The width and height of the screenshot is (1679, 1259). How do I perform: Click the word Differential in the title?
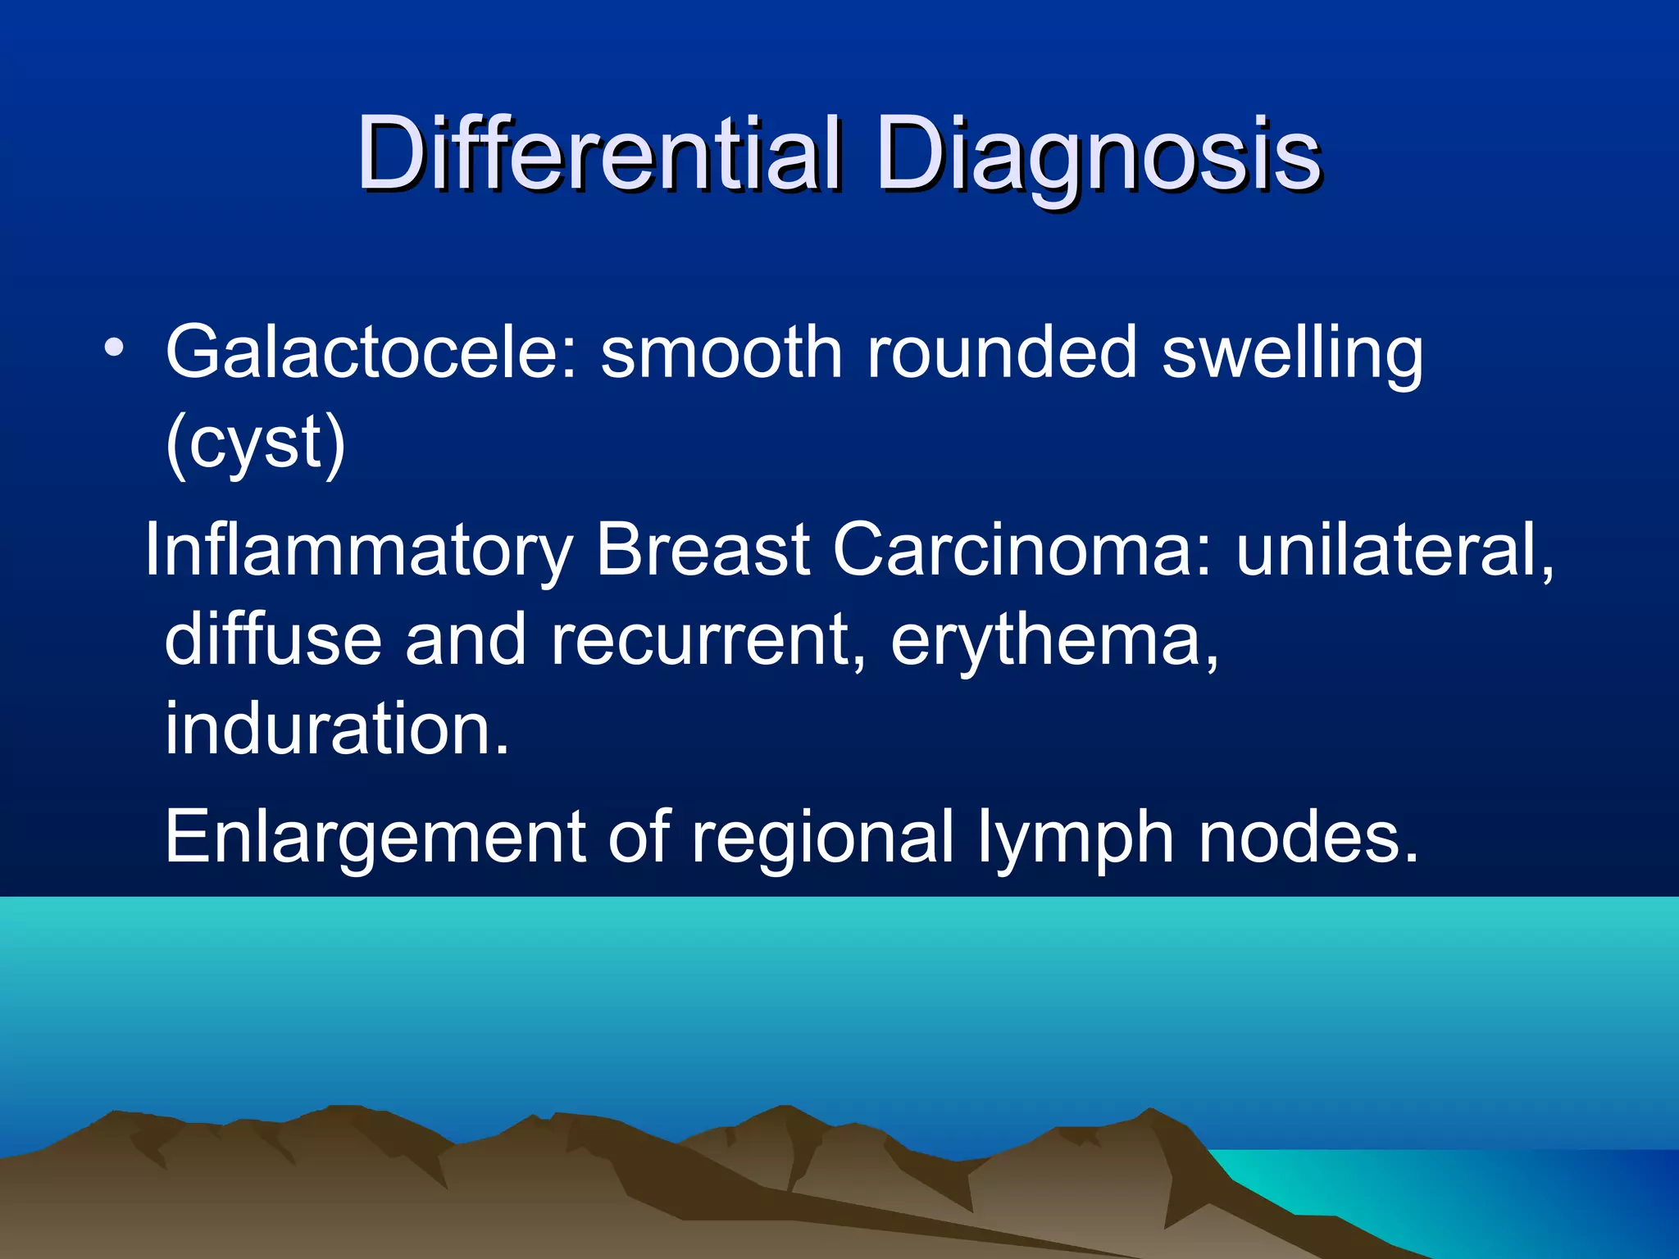[598, 153]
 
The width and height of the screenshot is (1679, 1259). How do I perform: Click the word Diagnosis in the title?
[1098, 153]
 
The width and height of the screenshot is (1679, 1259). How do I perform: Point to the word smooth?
[721, 352]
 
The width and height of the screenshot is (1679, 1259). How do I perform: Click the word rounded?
[1002, 352]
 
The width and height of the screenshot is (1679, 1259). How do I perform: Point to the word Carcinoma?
[1022, 549]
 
